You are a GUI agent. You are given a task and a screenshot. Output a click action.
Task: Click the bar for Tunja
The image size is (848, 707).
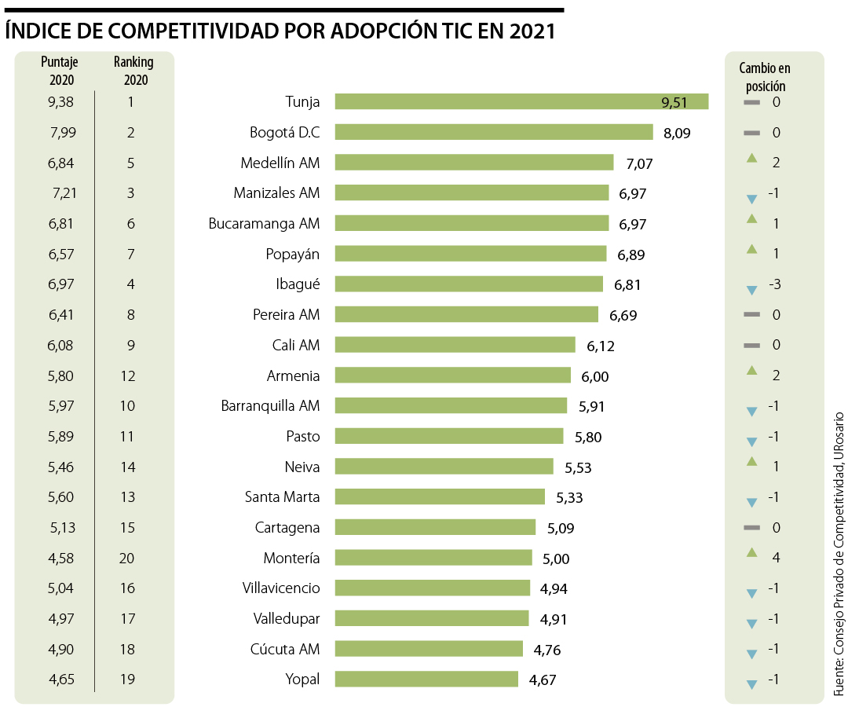coord(521,101)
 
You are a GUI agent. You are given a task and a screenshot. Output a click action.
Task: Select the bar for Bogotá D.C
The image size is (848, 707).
coord(494,132)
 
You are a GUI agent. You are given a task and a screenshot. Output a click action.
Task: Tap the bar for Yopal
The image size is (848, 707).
coord(426,679)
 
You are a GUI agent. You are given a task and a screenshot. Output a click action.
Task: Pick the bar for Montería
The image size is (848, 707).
coord(433,558)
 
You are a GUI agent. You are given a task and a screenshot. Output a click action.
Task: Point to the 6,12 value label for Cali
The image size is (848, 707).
coord(601,346)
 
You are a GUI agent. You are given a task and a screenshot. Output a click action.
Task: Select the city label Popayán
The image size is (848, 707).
coord(293,254)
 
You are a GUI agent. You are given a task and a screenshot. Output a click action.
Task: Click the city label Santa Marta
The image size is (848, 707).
coord(282,496)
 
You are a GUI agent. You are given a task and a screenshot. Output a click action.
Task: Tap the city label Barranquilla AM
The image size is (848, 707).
coord(270,405)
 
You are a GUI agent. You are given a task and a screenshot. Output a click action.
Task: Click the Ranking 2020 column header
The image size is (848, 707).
coord(133,70)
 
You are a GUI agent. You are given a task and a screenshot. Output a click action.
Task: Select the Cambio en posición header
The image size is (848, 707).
coord(765,77)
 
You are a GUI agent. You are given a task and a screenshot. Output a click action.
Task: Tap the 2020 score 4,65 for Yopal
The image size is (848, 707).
coord(60,679)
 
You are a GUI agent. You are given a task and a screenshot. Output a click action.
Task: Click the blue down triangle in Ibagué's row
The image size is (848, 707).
coord(751,290)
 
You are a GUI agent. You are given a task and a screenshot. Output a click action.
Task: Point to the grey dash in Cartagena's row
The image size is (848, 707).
coord(751,527)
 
